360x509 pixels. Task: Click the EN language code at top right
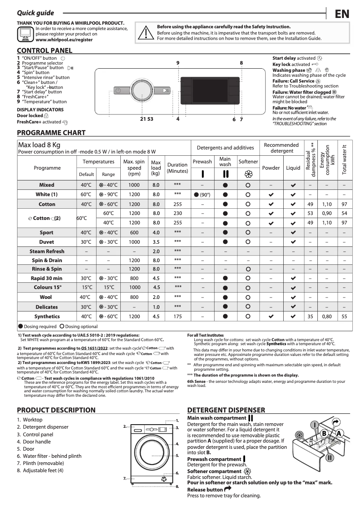342,14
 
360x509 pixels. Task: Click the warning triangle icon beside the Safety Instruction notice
145,32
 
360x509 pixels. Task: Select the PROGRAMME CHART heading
51,133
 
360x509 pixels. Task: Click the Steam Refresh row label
47,251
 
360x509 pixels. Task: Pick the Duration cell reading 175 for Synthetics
177,316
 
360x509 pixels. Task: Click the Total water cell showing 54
344,213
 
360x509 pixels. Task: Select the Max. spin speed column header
134,167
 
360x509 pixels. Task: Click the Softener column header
248,162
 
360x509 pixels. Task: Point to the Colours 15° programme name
47,287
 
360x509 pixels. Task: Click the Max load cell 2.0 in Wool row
156,297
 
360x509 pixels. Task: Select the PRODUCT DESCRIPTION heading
56,410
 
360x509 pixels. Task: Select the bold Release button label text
205,489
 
